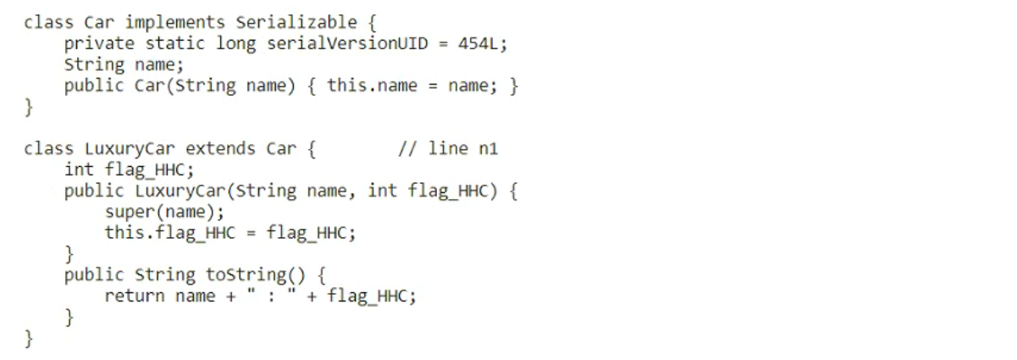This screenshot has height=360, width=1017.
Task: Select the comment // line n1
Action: pyautogui.click(x=447, y=149)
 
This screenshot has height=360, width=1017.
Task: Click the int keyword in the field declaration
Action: pyautogui.click(x=80, y=169)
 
